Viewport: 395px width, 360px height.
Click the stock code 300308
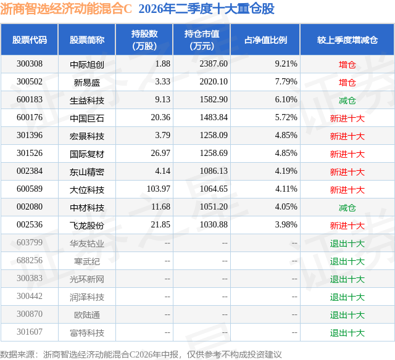pyautogui.click(x=30, y=64)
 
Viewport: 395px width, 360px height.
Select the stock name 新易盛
pyautogui.click(x=87, y=82)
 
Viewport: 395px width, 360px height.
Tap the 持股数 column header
pyautogui.click(x=144, y=39)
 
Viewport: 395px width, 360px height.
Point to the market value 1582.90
pyautogui.click(x=214, y=100)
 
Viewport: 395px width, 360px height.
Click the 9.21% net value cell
pyautogui.click(x=286, y=64)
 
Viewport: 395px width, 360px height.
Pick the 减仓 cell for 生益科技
pyautogui.click(x=347, y=100)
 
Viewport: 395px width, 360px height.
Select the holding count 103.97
pyautogui.click(x=159, y=189)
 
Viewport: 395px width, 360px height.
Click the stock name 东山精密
pyautogui.click(x=87, y=172)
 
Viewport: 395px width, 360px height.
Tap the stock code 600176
pyautogui.click(x=30, y=118)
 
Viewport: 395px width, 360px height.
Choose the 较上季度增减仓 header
pyautogui.click(x=347, y=40)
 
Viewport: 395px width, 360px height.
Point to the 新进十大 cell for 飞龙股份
pyautogui.click(x=347, y=226)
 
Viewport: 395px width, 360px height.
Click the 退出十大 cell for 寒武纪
pyautogui.click(x=347, y=261)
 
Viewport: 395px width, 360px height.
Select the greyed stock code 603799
pyautogui.click(x=30, y=242)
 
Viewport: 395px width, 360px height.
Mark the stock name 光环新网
pyautogui.click(x=87, y=279)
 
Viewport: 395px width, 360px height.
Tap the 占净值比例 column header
pyautogui.click(x=265, y=40)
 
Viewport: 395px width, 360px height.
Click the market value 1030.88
pyautogui.click(x=214, y=224)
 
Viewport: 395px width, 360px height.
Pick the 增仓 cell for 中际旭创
pyautogui.click(x=347, y=65)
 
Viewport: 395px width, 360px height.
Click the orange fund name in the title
pyautogui.click(x=66, y=9)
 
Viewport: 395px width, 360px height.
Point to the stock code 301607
pyautogui.click(x=30, y=332)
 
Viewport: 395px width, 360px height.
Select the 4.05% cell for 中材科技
pyautogui.click(x=286, y=207)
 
